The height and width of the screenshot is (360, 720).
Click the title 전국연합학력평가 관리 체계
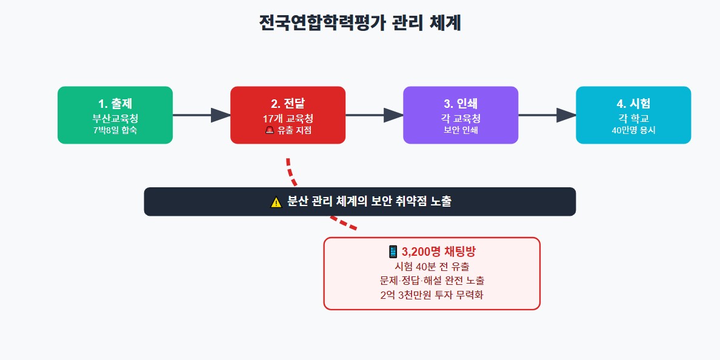[x=360, y=24]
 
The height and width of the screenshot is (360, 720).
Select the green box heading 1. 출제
[x=115, y=103]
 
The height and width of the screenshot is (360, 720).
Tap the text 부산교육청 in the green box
[x=115, y=118]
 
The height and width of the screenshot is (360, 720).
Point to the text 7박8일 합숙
[x=115, y=130]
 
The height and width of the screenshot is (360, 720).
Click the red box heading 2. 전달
[x=288, y=103]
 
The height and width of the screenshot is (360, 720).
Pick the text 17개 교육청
[x=288, y=118]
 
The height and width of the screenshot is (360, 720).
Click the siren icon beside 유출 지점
[x=270, y=130]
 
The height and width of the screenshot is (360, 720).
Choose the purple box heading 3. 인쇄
[x=461, y=103]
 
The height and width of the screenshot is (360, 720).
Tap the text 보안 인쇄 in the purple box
[x=461, y=130]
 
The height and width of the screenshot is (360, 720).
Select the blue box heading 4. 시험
[x=633, y=103]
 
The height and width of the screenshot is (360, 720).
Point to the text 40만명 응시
[x=633, y=130]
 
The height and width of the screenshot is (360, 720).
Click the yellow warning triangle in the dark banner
[x=276, y=202]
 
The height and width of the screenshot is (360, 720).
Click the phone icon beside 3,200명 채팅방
[x=393, y=252]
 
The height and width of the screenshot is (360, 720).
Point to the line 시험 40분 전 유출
[x=432, y=267]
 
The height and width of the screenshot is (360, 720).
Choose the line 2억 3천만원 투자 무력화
[x=432, y=295]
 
